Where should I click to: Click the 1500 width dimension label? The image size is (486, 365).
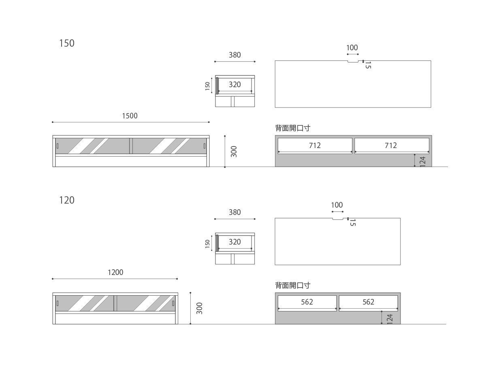tap(130, 116)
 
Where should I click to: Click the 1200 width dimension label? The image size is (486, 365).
tap(115, 272)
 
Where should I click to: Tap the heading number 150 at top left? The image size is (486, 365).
tap(67, 43)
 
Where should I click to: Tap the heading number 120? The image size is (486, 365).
tap(67, 200)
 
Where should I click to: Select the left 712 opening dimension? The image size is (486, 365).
tap(315, 145)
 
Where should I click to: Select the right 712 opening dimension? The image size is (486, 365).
tap(390, 145)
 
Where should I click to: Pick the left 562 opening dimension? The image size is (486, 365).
tap(307, 302)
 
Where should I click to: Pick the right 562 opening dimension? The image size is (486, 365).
tap(368, 302)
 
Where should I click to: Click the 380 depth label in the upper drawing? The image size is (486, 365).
tap(234, 55)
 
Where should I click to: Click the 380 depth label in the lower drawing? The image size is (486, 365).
tap(234, 212)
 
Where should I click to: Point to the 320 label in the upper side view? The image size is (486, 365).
tap(234, 84)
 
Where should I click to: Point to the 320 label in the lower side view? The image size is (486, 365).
tap(234, 242)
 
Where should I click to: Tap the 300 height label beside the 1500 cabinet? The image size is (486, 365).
tap(234, 152)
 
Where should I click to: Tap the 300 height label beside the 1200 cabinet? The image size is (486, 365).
tap(200, 308)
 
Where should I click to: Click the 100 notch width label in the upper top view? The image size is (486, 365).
tap(352, 47)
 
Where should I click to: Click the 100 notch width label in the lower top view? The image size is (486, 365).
tap(337, 205)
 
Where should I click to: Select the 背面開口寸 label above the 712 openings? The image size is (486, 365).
tap(293, 128)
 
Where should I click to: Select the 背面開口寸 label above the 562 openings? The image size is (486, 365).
tap(293, 286)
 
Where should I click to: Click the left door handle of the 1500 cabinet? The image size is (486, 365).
tap(58, 146)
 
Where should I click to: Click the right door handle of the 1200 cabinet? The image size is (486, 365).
tap(173, 303)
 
